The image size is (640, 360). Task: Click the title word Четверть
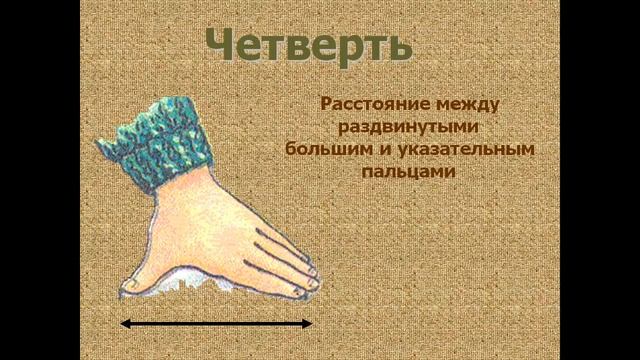click(x=308, y=44)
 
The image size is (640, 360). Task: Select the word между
click(x=470, y=103)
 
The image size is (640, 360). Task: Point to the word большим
click(x=327, y=149)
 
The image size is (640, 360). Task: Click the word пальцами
click(x=413, y=172)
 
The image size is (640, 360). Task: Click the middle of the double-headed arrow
click(x=216, y=323)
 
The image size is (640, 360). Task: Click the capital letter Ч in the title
click(x=224, y=44)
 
